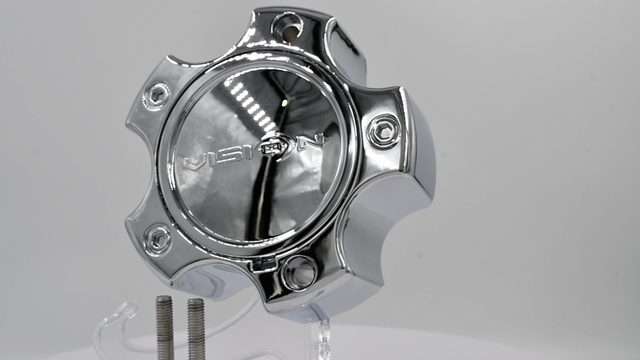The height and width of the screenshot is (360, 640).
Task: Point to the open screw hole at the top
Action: [x=287, y=27]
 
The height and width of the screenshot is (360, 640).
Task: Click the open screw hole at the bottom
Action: [x=298, y=273]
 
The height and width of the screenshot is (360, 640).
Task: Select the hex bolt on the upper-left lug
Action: [x=157, y=97]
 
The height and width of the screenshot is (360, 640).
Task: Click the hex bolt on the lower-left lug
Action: [x=157, y=239]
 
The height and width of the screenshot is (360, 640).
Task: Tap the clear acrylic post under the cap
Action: [x=324, y=337]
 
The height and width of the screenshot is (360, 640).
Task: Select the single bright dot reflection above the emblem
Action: [x=285, y=102]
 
